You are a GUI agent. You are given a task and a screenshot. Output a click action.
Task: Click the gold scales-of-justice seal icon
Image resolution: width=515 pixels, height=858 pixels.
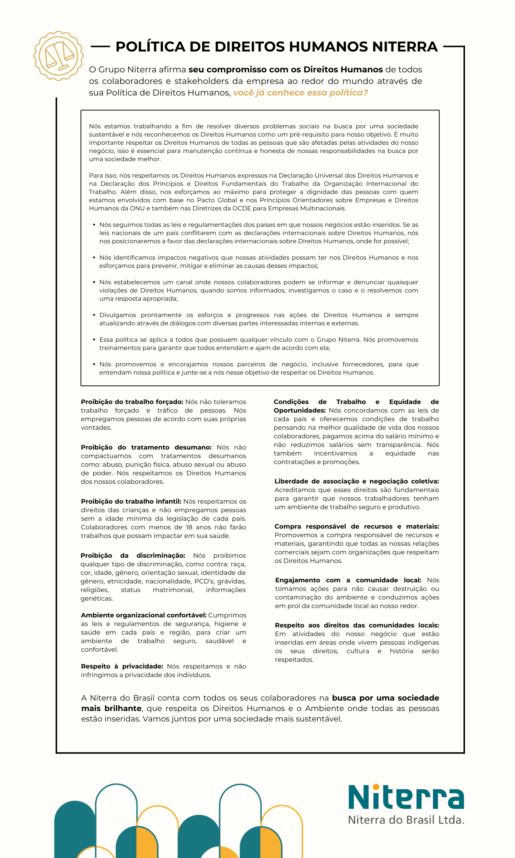click(x=59, y=56)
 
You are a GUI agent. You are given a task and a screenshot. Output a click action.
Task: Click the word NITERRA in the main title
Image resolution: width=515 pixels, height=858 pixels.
click(x=405, y=47)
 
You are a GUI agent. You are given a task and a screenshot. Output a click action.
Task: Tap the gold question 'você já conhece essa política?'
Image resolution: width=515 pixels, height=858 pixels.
click(x=300, y=93)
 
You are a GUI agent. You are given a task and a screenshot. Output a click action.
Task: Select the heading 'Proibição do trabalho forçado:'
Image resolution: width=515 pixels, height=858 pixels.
click(x=132, y=402)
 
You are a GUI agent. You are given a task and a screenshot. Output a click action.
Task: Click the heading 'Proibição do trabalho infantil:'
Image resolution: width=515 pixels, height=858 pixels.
click(x=131, y=501)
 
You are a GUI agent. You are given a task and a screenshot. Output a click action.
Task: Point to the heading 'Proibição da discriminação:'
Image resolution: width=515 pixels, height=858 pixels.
click(x=133, y=555)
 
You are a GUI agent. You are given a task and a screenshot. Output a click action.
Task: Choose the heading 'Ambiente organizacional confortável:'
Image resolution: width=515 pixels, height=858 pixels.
click(x=144, y=615)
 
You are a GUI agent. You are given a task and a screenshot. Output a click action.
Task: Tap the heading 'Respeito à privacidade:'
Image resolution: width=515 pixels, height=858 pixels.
click(x=122, y=666)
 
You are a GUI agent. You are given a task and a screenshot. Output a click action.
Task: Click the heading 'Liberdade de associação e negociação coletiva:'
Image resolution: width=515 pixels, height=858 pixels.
click(x=357, y=481)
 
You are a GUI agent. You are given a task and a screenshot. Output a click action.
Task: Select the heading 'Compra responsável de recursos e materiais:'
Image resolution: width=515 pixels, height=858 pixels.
click(x=357, y=526)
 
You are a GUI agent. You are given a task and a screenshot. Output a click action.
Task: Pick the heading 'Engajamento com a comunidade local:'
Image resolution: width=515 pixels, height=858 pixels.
click(x=348, y=580)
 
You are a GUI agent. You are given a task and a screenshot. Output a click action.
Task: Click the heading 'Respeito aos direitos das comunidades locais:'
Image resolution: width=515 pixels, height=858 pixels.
click(x=357, y=625)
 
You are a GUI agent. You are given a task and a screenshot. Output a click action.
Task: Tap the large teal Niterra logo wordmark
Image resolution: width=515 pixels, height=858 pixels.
click(x=406, y=798)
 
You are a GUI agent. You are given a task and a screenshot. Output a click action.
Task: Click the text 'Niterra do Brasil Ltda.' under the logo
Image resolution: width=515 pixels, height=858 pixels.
click(x=406, y=820)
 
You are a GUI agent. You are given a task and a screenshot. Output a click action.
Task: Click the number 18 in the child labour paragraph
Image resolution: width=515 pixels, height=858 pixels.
click(x=189, y=527)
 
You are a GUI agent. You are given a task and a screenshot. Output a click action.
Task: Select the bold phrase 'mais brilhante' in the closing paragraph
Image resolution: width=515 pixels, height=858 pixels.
click(x=112, y=708)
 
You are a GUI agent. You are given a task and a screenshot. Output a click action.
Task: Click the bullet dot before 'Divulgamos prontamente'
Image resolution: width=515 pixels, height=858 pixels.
click(x=94, y=315)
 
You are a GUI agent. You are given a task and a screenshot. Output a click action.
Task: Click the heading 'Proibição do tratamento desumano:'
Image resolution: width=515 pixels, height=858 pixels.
click(x=146, y=447)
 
